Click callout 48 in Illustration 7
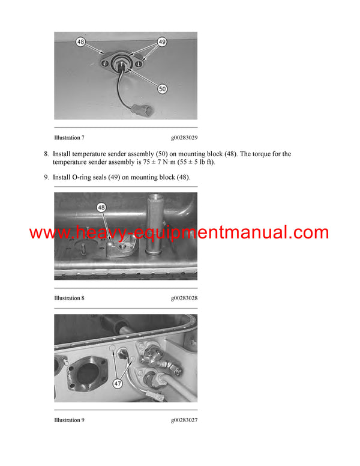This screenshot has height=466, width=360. (x=80, y=43)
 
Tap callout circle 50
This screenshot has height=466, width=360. (x=162, y=88)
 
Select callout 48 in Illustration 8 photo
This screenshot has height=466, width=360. (x=101, y=208)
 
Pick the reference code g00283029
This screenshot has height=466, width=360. (x=183, y=138)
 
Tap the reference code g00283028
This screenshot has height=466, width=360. (x=183, y=298)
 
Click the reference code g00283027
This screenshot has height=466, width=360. (x=183, y=420)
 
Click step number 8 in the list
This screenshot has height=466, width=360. (x=46, y=154)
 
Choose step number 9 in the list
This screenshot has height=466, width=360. (x=46, y=177)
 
